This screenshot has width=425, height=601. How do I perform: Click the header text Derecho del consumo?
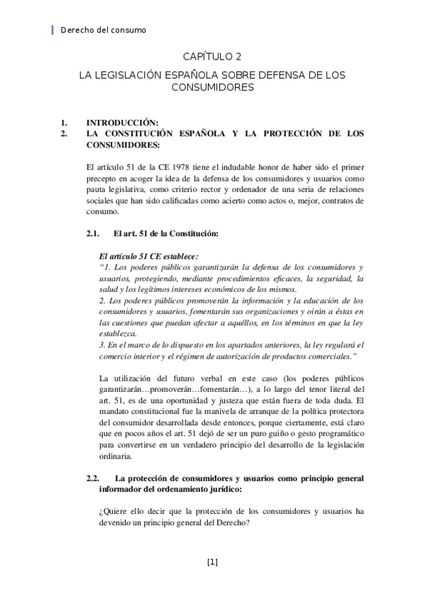coord(104,30)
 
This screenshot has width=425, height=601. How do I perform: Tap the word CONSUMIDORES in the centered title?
coord(213,88)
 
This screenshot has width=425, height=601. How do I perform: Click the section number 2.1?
coord(92,233)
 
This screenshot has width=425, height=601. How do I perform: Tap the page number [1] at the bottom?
coord(212,562)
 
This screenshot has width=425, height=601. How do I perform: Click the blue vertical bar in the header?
coord(54,30)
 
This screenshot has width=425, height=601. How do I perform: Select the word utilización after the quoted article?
coord(145,377)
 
